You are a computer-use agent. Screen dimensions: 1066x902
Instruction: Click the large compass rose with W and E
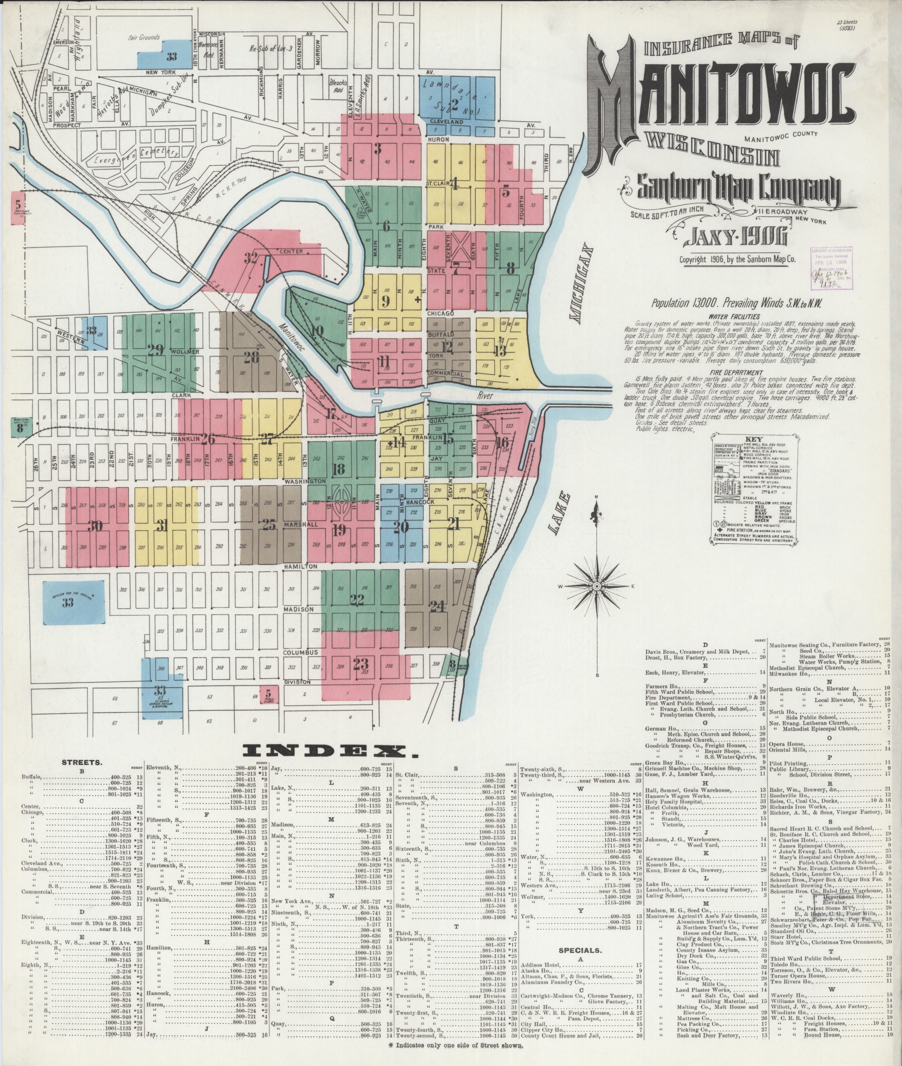coord(596,585)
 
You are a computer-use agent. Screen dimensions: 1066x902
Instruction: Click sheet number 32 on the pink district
coord(250,258)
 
